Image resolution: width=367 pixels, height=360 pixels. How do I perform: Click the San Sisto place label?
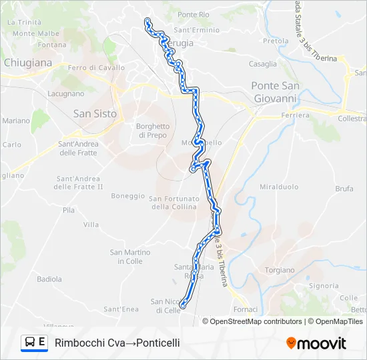[95, 113]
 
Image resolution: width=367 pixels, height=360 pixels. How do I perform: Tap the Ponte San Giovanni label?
[274, 92]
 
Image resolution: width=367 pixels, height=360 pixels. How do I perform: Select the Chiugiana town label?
[27, 63]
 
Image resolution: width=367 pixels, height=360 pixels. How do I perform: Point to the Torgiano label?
[280, 270]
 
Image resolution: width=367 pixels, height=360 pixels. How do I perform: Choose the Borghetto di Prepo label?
[153, 131]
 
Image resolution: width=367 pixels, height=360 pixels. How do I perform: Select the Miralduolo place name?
[279, 187]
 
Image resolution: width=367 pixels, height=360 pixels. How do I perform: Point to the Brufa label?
[344, 189]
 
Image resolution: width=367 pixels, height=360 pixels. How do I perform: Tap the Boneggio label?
[128, 195]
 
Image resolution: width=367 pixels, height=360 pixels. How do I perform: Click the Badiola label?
[49, 279]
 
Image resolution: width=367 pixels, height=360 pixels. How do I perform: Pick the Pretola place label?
[276, 41]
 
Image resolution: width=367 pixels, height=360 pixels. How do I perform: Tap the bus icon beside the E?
[30, 343]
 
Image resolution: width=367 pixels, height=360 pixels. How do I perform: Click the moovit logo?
[316, 343]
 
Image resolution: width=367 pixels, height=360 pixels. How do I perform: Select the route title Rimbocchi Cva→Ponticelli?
[117, 343]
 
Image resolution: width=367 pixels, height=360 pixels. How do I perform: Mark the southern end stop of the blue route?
[182, 306]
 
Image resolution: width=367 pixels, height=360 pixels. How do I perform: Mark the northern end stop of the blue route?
[147, 21]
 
